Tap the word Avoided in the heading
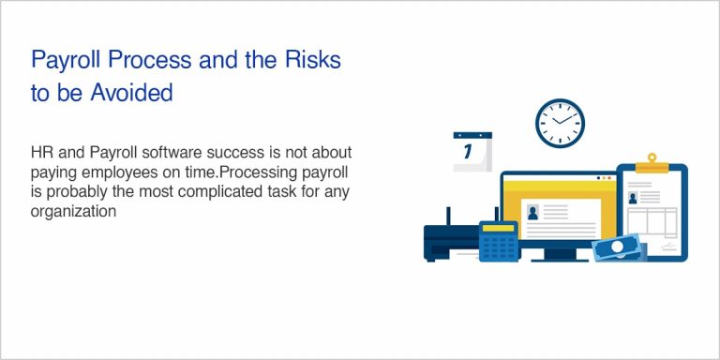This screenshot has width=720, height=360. (127, 92)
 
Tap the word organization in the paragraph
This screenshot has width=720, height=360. (73, 213)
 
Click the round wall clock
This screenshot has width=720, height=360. (560, 124)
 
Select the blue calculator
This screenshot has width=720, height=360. (499, 241)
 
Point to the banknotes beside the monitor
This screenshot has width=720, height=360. (620, 247)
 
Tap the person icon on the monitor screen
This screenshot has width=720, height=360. (533, 212)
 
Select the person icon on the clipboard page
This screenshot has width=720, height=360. (633, 198)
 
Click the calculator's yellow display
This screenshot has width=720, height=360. (499, 228)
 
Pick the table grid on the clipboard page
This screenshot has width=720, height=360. (662, 223)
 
